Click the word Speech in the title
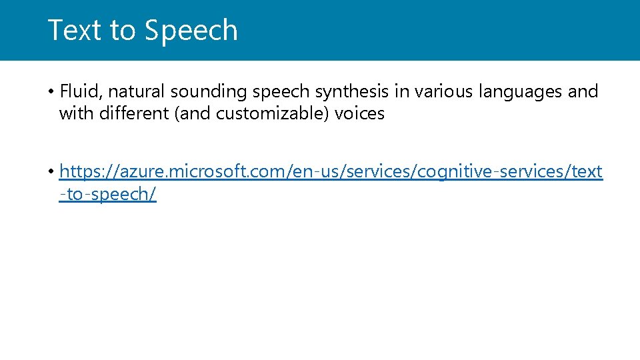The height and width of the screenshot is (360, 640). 191,31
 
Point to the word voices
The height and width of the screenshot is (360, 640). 359,114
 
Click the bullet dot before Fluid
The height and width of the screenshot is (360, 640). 51,91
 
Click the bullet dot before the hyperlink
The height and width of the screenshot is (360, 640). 51,173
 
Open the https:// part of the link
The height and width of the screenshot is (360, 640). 85,173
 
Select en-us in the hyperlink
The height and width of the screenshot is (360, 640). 309,173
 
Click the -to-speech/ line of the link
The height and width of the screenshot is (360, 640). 108,195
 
